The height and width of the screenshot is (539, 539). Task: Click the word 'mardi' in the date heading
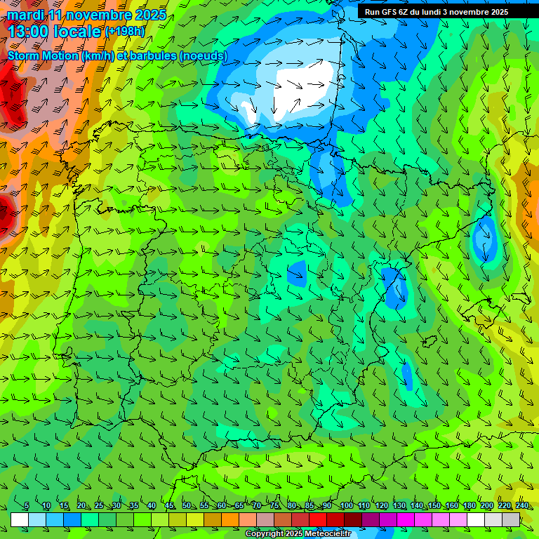pyautogui.click(x=27, y=15)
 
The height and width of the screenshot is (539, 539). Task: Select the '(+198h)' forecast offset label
pyautogui.click(x=125, y=31)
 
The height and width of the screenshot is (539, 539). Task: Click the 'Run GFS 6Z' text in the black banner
pyautogui.click(x=388, y=11)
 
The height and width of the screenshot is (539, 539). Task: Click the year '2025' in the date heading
pyautogui.click(x=149, y=15)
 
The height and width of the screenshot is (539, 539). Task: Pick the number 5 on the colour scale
pyautogui.click(x=27, y=506)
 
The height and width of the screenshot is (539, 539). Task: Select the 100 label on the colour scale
pyautogui.click(x=347, y=506)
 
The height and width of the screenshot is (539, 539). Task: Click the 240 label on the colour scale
pyautogui.click(x=521, y=506)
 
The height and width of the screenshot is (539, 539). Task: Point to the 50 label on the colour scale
pyautogui.click(x=186, y=506)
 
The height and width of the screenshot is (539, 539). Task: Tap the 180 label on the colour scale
pyautogui.click(x=468, y=506)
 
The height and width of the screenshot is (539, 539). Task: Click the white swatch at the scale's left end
pyautogui.click(x=20, y=519)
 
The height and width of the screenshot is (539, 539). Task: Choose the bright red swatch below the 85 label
pyautogui.click(x=318, y=519)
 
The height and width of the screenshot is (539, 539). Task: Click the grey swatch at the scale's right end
pyautogui.click(x=511, y=519)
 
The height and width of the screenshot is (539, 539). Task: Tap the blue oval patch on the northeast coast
pyautogui.click(x=484, y=239)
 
